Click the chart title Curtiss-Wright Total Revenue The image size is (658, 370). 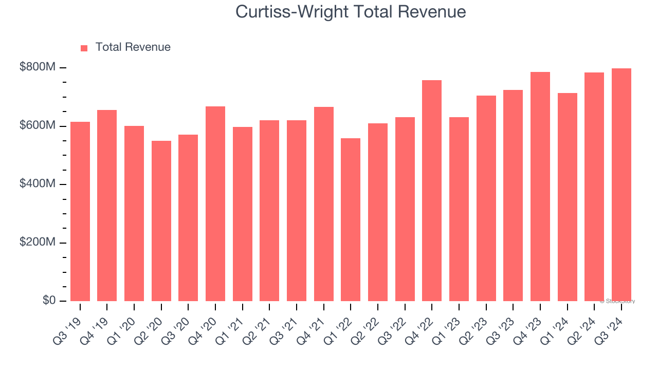click(351, 12)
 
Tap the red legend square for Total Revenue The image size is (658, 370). click(84, 48)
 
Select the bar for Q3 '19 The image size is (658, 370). click(80, 211)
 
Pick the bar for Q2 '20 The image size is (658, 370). click(161, 221)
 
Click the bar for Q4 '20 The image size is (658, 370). click(215, 203)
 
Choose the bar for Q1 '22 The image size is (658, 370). click(351, 219)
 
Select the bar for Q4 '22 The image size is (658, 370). click(432, 191)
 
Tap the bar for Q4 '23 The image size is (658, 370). click(540, 187)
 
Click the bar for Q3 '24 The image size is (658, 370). click(622, 184)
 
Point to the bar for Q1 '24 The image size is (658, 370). click(568, 197)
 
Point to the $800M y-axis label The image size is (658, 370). click(38, 67)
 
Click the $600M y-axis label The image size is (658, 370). click(38, 125)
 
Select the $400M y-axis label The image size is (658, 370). click(38, 183)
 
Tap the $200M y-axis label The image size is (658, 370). click(38, 242)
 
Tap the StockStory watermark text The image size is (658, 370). click(617, 301)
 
